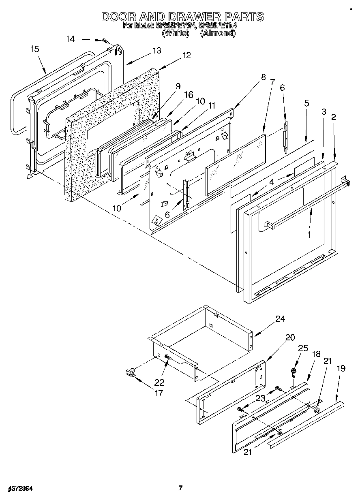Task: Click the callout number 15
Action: (35, 49)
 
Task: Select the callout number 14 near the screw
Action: (70, 39)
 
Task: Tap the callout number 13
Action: (156, 51)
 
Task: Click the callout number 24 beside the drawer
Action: (280, 319)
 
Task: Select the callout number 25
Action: (303, 348)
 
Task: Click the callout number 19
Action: (341, 368)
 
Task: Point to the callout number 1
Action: (309, 235)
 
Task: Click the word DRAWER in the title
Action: (184, 17)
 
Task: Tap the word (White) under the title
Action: (175, 33)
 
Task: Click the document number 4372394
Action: (20, 488)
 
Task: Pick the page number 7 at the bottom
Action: (181, 488)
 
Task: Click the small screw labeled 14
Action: (105, 41)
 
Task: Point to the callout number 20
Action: (290, 338)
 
